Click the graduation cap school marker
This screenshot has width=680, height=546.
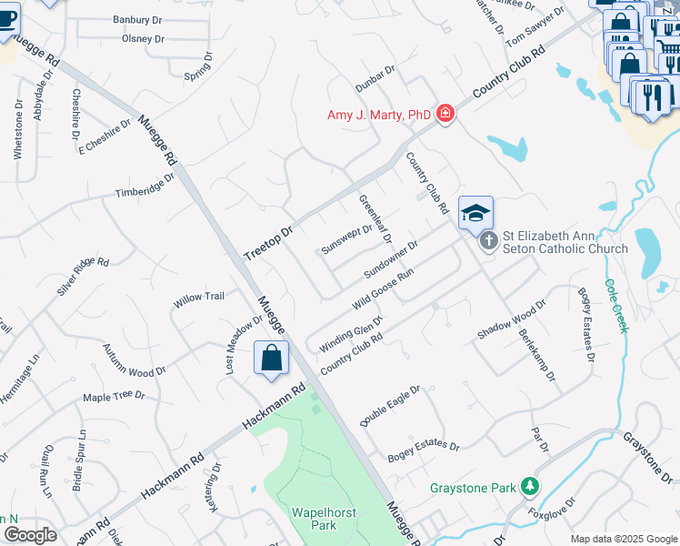click(x=475, y=213)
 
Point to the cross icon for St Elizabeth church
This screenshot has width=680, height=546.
click(x=488, y=241)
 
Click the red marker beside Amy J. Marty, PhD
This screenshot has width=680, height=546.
click(x=445, y=114)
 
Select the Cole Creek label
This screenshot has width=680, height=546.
click(x=615, y=305)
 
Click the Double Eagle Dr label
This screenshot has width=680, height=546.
click(x=390, y=406)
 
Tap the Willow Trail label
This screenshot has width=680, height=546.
click(x=199, y=298)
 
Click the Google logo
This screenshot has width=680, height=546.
click(x=29, y=535)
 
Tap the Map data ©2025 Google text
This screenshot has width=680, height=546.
click(x=623, y=539)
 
